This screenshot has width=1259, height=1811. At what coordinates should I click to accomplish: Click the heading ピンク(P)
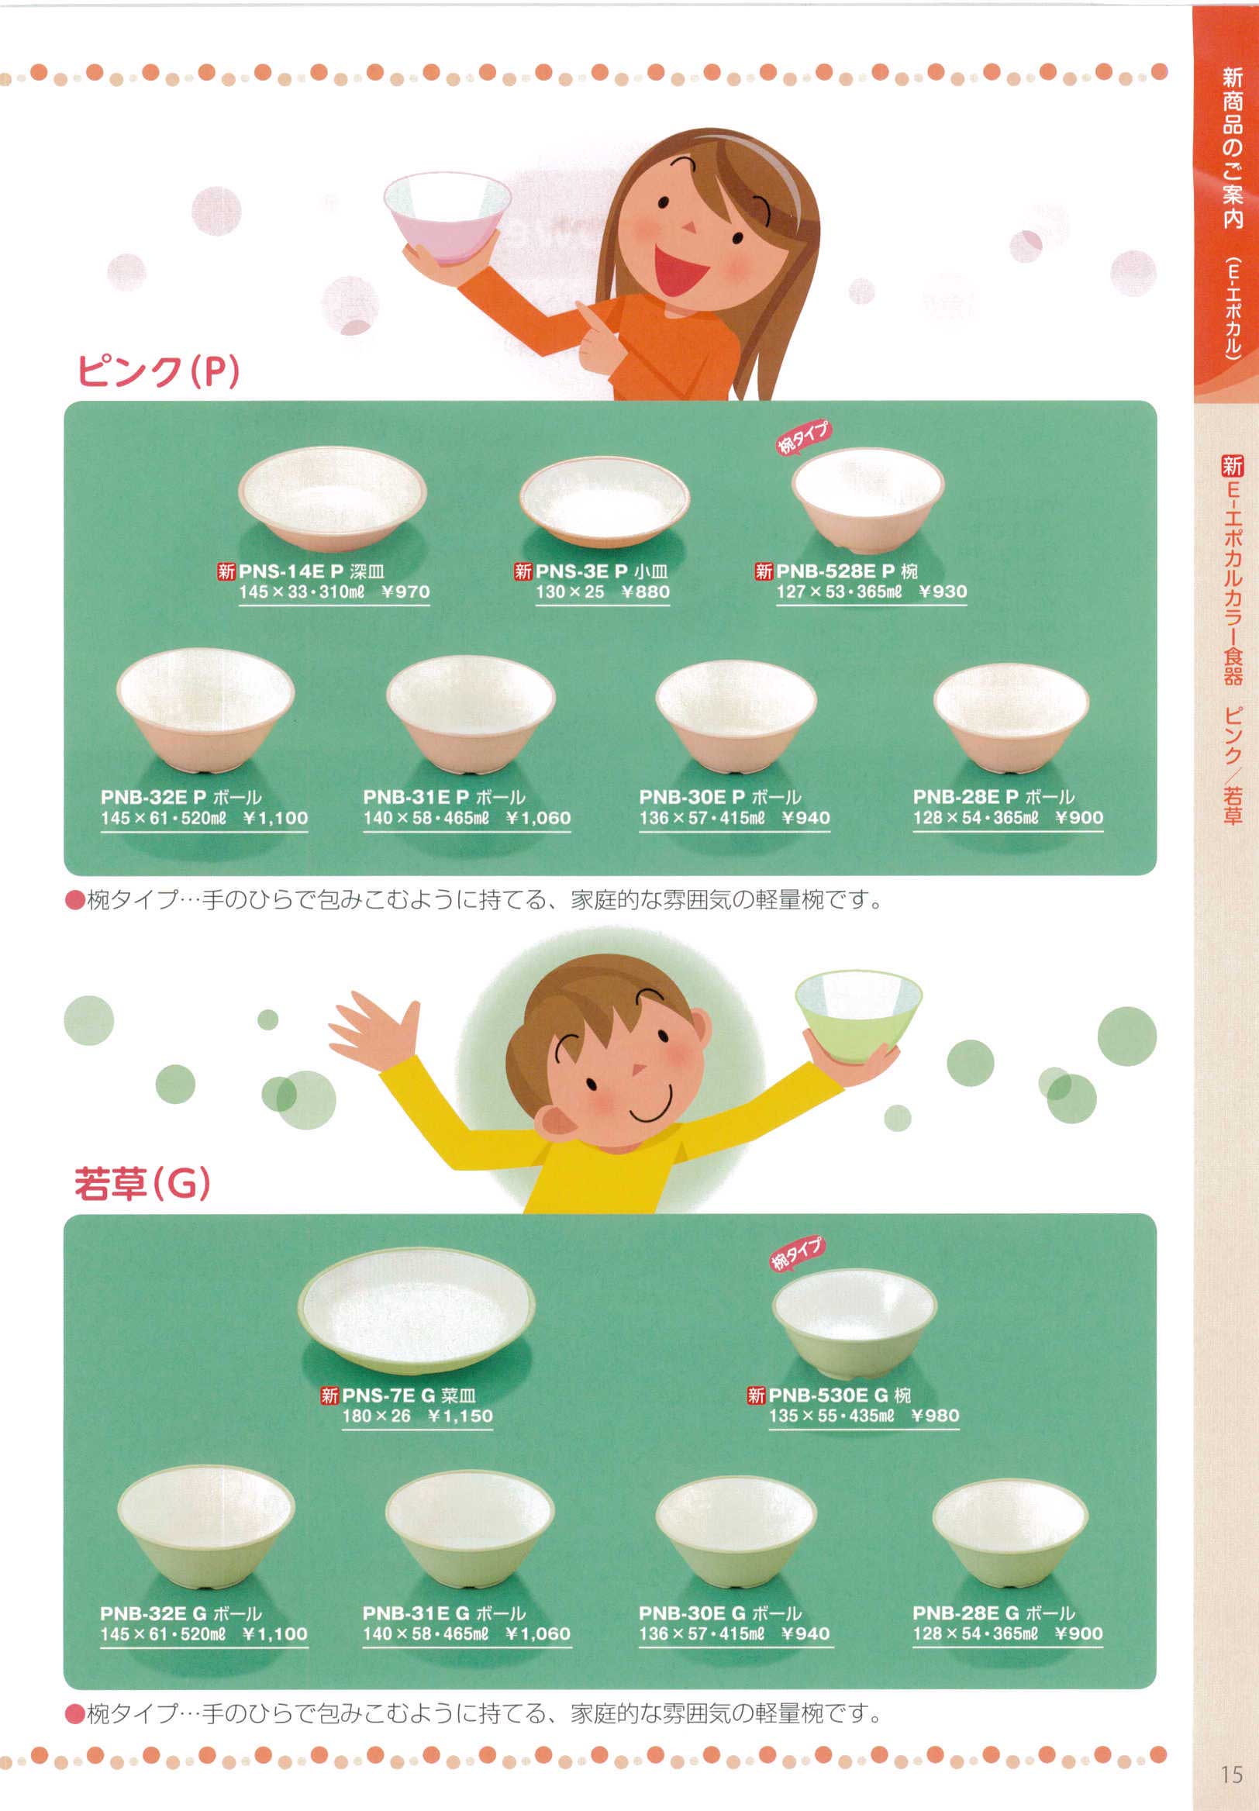[158, 371]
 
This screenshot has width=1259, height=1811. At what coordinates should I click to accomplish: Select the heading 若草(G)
[143, 1184]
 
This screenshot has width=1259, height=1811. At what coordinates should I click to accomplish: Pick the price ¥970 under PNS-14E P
[405, 592]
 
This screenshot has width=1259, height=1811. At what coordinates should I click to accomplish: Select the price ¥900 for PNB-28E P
[1079, 818]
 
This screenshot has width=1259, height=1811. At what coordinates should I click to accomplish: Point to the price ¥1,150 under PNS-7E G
[460, 1416]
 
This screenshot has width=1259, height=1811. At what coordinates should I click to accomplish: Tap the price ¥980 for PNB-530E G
[935, 1415]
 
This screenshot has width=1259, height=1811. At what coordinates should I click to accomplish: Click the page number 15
[1230, 1775]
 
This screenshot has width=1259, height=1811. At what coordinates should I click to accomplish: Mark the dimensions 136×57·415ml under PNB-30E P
[702, 818]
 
